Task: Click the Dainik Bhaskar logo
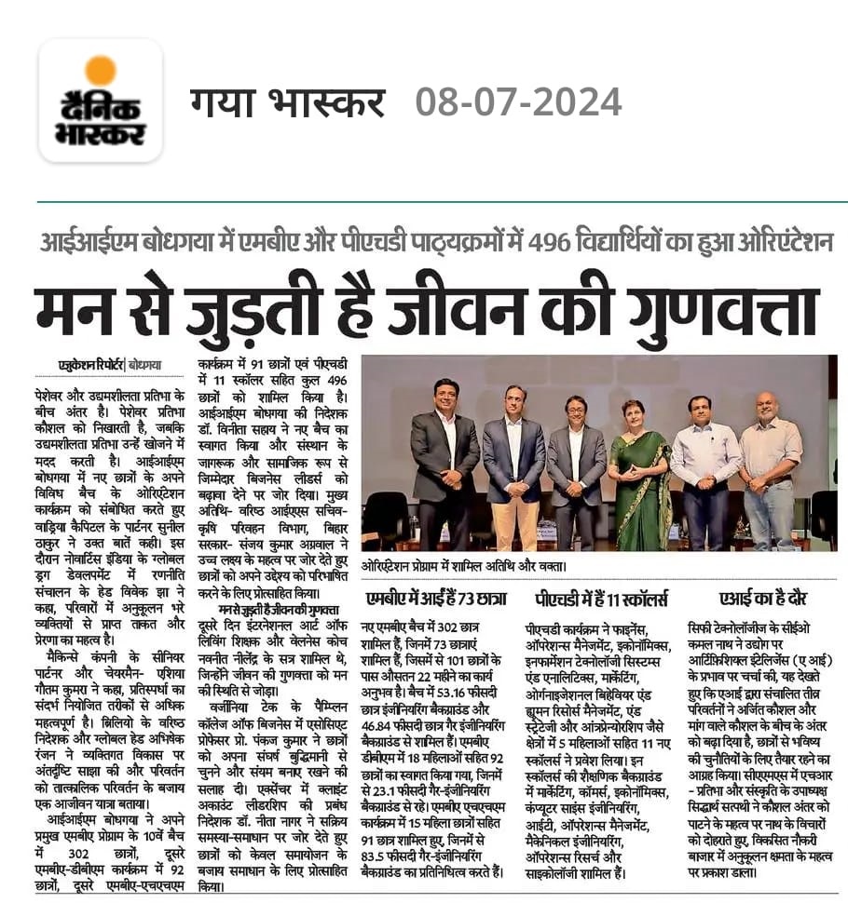[101, 101]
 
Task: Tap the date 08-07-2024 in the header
[518, 101]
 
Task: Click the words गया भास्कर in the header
[287, 101]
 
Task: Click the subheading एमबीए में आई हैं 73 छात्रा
[435, 597]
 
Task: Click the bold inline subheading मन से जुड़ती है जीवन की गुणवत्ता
[270, 608]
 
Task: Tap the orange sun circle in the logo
[100, 71]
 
